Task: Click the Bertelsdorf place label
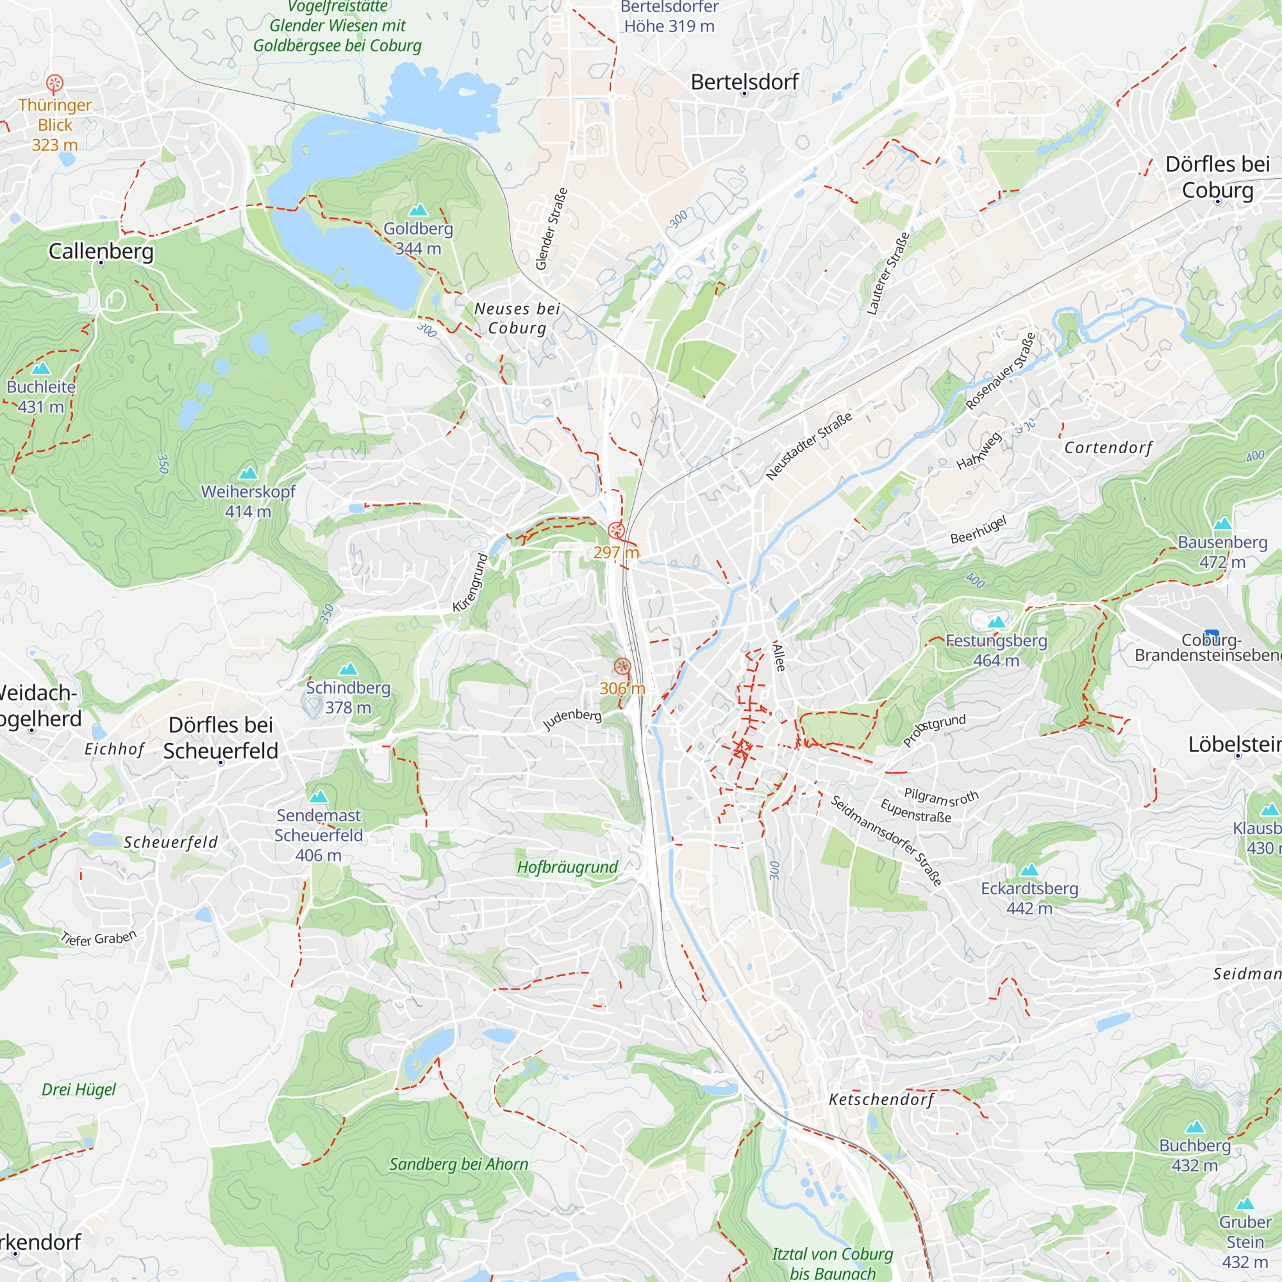click(744, 82)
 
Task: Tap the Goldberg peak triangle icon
click(418, 210)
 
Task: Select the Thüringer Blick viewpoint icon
click(55, 83)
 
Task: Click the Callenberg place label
click(101, 251)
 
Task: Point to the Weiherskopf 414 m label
click(248, 502)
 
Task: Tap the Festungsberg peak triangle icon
click(996, 622)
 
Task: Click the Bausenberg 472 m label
click(1222, 551)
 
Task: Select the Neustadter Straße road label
click(808, 447)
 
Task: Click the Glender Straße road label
click(551, 229)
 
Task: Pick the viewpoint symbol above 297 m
click(616, 530)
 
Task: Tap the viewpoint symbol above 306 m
click(622, 666)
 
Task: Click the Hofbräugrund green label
click(567, 867)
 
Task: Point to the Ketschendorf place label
click(881, 1099)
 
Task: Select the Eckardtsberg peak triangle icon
click(1029, 870)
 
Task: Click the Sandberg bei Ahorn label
click(458, 1164)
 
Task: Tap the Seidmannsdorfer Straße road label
click(886, 840)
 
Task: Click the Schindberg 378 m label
click(347, 697)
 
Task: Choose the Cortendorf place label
click(1108, 448)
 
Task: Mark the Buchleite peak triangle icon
click(41, 369)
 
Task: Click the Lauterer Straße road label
click(888, 274)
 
